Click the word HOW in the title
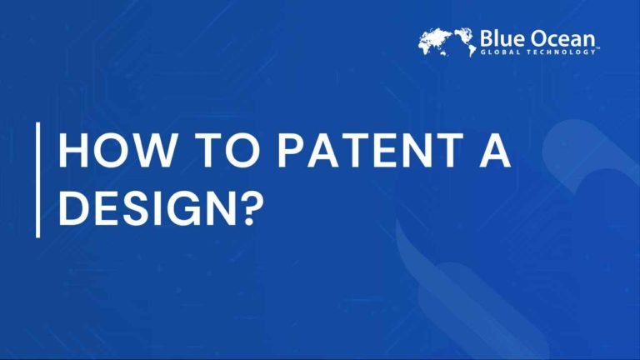click(107, 152)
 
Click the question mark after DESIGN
click(253, 208)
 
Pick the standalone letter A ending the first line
click(492, 152)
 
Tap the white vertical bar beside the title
click(37, 179)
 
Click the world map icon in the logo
click(447, 42)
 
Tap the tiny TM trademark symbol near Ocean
click(597, 50)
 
